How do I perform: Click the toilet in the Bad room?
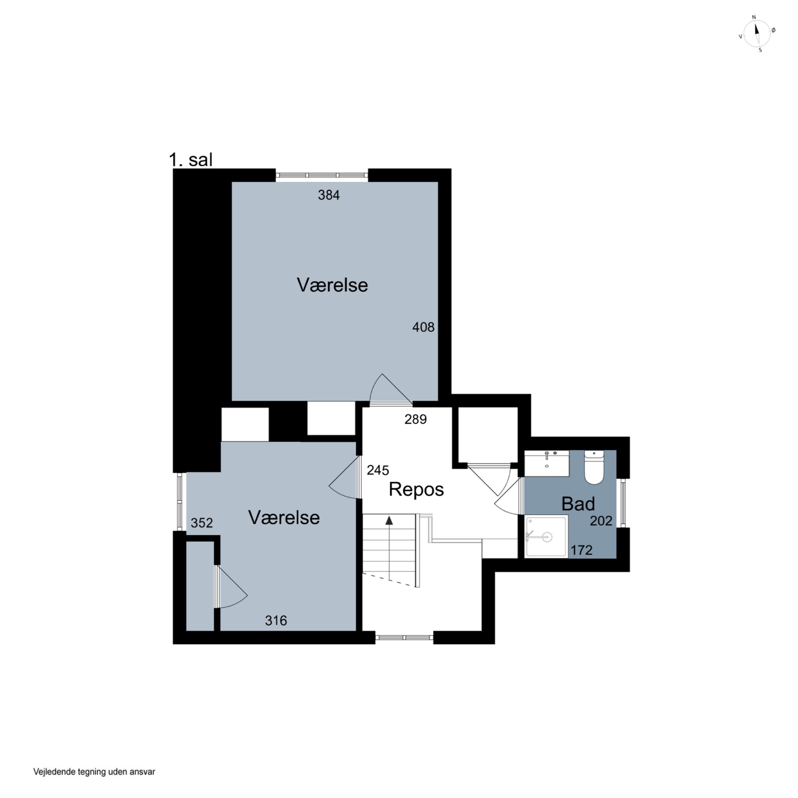point(594,467)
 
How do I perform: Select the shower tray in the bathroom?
point(546,537)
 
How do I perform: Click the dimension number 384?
point(329,195)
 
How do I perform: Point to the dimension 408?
point(423,327)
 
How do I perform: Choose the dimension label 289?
point(415,419)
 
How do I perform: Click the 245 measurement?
point(378,470)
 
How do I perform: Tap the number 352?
point(202,523)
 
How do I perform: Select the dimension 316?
point(276,620)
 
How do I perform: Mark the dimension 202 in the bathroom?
point(601,521)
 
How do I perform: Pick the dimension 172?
point(581,550)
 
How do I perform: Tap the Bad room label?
point(578,504)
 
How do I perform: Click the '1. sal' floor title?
point(191,159)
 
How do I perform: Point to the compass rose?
point(757,34)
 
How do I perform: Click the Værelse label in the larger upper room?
point(332,285)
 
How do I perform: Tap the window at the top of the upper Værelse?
point(322,175)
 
